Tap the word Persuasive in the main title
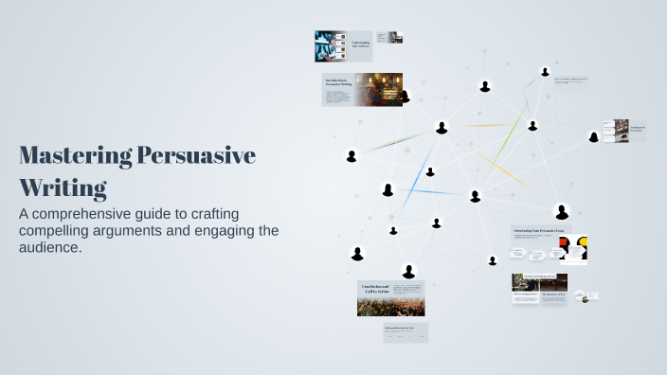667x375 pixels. click(196, 155)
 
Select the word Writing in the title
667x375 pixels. click(63, 187)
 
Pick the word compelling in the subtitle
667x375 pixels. click(56, 230)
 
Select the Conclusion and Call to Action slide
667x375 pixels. click(390, 297)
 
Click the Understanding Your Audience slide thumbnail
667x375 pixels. click(358, 45)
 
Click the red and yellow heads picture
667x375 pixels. click(573, 249)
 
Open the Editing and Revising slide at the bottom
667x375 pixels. click(406, 333)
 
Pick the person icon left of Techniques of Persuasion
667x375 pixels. click(594, 136)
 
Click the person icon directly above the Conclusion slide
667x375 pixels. click(408, 271)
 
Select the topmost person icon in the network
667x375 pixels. click(544, 71)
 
